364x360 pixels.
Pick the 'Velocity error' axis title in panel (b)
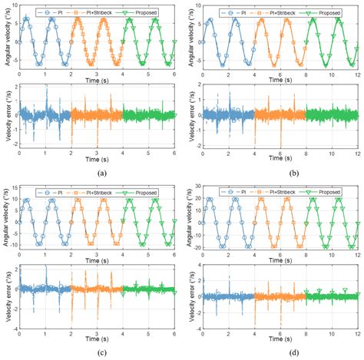click(x=192, y=114)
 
